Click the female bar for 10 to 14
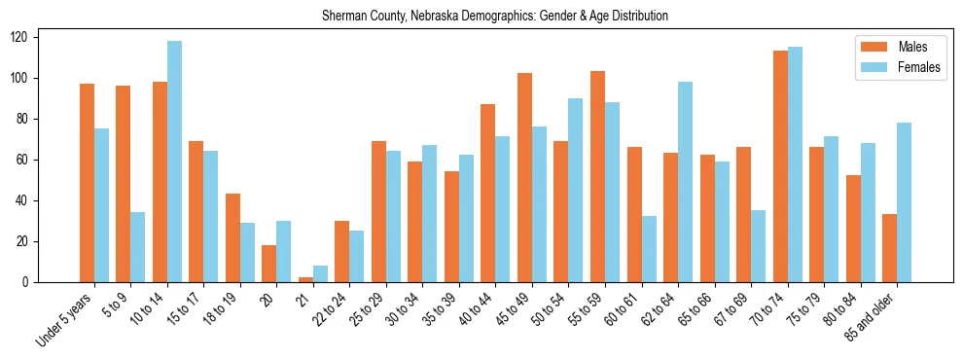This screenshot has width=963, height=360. [x=175, y=162]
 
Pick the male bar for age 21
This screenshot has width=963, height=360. [x=306, y=279]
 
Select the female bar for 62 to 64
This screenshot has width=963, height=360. [x=686, y=182]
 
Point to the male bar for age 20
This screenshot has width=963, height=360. [x=269, y=264]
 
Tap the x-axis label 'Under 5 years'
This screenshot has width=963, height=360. [x=65, y=317]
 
